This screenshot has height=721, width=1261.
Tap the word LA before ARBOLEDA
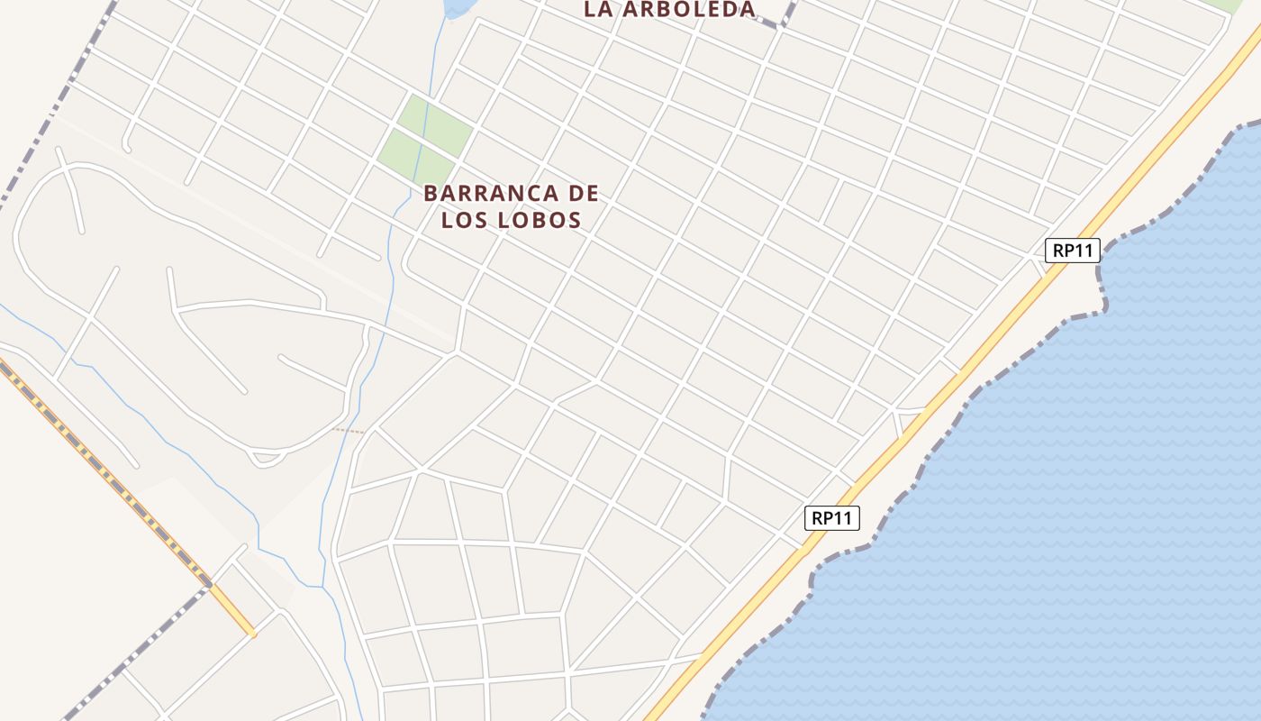599,9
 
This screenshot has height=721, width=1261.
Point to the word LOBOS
539,220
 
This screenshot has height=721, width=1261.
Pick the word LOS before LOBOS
465,220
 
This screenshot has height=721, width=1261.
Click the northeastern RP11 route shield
1073,251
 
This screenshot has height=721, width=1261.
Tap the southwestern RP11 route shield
832,518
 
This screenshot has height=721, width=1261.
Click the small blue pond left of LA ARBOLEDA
458,7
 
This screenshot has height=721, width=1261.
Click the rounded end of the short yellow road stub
253,634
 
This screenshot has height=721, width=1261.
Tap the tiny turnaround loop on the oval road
265,459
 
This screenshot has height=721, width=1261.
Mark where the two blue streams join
322,587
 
